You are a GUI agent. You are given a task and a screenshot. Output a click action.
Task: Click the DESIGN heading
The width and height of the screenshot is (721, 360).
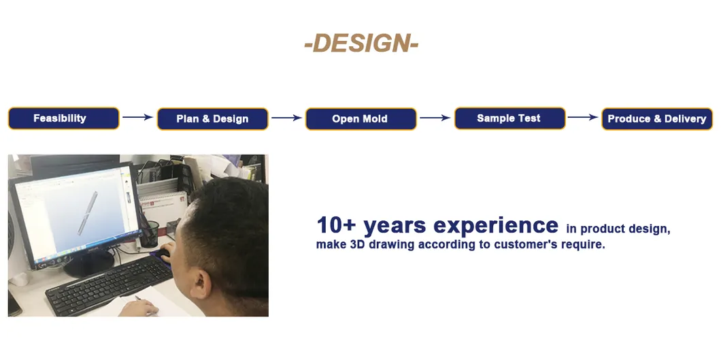[x=361, y=44]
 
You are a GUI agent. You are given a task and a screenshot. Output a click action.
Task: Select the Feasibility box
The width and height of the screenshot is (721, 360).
[x=63, y=118]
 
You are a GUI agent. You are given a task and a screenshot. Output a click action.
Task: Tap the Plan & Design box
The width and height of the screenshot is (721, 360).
[x=212, y=118]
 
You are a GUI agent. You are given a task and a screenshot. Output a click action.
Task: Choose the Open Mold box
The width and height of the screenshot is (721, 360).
[x=361, y=118]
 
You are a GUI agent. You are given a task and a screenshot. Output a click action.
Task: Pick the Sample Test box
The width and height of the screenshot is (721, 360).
[x=510, y=118]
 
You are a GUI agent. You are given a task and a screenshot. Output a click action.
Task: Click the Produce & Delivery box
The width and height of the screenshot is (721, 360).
[x=657, y=118]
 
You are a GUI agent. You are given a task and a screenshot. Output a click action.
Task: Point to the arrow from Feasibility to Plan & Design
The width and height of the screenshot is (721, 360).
[x=137, y=117]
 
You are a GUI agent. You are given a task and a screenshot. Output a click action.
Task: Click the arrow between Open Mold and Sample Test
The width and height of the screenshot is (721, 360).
[x=435, y=118]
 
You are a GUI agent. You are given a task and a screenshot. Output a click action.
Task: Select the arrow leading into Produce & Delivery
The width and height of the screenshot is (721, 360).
[x=583, y=117]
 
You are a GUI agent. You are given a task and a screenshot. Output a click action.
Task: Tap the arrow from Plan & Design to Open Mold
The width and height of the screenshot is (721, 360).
[x=286, y=118]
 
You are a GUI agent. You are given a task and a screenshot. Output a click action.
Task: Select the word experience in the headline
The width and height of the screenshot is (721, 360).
[x=496, y=226]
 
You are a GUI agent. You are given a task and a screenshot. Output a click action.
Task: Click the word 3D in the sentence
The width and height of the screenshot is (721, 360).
[x=357, y=244]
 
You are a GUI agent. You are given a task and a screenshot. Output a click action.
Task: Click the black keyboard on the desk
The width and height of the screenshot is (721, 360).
[x=109, y=285]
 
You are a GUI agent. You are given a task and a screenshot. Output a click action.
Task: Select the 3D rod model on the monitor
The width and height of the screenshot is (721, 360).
[x=87, y=213]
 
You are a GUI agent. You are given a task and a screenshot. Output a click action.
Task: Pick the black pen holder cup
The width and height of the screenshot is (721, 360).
[x=149, y=234]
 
